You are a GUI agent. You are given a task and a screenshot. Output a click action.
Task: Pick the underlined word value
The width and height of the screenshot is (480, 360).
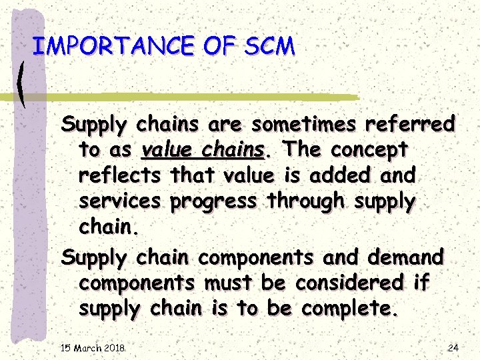(x=167, y=150)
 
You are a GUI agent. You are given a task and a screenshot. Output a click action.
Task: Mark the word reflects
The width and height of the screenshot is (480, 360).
(x=120, y=176)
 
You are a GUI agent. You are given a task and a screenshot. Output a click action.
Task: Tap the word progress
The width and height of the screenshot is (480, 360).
(x=213, y=202)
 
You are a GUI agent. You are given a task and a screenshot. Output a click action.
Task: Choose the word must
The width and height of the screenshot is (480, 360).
(x=227, y=283)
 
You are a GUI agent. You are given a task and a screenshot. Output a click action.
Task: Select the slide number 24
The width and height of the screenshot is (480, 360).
(x=453, y=347)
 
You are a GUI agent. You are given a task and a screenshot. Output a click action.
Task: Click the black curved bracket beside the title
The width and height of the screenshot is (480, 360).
(x=23, y=83)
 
